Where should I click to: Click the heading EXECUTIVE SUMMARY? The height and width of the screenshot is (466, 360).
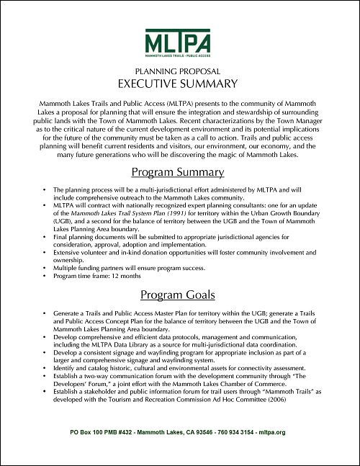pyautogui.click(x=180, y=84)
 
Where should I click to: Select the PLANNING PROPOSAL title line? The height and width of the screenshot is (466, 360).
pyautogui.click(x=180, y=72)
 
